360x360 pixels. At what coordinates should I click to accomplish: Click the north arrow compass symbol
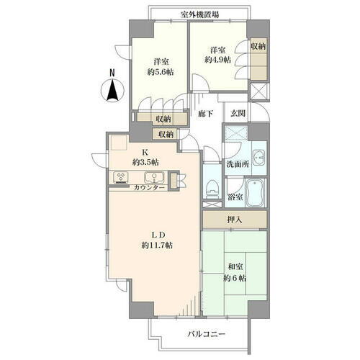112,89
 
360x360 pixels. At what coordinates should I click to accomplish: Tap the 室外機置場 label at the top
200,14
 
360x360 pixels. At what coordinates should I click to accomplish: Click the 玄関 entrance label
238,114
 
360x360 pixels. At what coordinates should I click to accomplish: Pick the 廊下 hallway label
206,114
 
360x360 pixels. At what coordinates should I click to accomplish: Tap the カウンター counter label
150,188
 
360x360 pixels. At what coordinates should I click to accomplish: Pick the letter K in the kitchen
145,153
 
